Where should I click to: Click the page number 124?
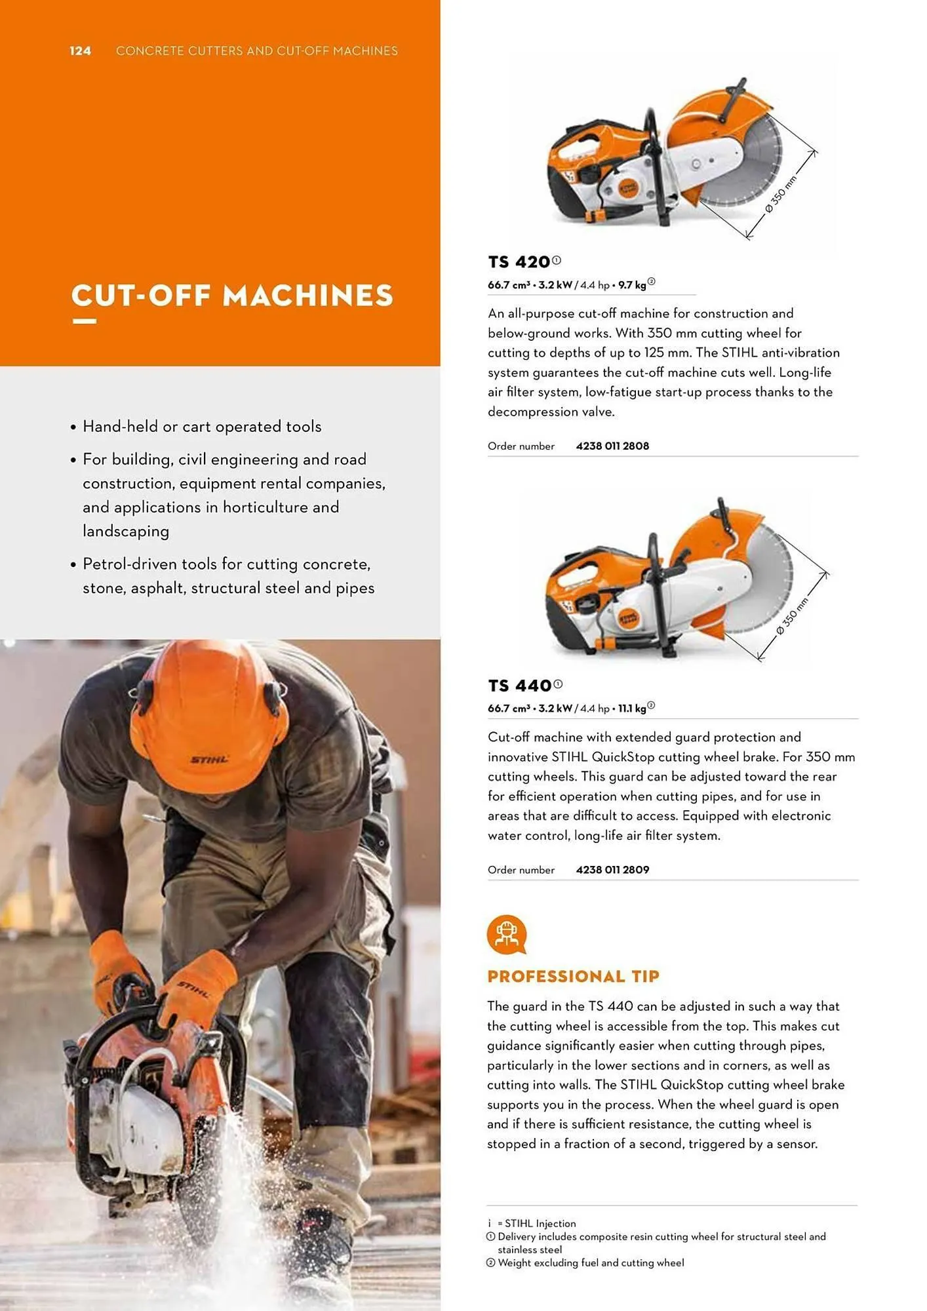coord(80,51)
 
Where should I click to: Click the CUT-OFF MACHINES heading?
coord(232,296)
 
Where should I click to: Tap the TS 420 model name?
coord(519,262)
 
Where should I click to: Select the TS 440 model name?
coord(519,686)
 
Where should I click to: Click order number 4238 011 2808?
coord(612,446)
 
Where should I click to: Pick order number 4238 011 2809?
coord(612,870)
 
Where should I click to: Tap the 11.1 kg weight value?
coord(632,709)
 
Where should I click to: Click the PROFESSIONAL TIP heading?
coord(573,977)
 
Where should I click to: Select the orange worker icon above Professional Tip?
coord(506,935)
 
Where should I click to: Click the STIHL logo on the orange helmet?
coord(209,760)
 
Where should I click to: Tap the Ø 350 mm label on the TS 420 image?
coord(781,194)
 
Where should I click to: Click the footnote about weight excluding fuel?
coord(590,1263)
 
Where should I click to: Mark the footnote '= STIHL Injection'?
coord(536,1224)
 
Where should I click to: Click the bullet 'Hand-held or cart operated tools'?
coord(202,427)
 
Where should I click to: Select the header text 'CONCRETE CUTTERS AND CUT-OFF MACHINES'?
coord(256,51)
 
